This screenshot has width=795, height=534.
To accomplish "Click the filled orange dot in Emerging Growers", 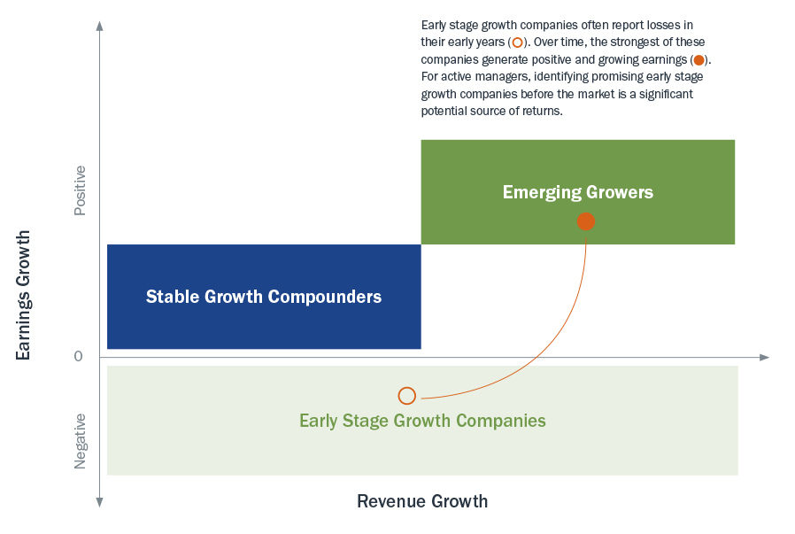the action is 585,221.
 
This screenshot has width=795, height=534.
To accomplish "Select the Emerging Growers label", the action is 577,192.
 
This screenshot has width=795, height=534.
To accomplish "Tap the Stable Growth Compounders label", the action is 264,297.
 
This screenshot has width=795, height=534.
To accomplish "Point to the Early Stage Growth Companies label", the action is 422,421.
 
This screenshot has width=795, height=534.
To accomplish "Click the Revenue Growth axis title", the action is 422,501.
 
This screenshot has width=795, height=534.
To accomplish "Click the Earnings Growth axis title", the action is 23,295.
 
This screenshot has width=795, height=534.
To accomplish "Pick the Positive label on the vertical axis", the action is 80,190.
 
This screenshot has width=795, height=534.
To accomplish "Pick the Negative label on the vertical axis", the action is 80,441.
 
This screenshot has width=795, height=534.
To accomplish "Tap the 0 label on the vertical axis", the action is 78,357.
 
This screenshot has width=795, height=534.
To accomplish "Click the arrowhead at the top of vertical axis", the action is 100,26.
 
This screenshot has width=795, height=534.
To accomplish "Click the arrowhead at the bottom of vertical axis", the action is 100,502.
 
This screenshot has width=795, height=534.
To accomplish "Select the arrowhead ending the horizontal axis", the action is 765,358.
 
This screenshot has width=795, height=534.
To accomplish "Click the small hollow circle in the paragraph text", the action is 517,43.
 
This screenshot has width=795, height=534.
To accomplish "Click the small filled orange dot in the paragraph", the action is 699,60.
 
